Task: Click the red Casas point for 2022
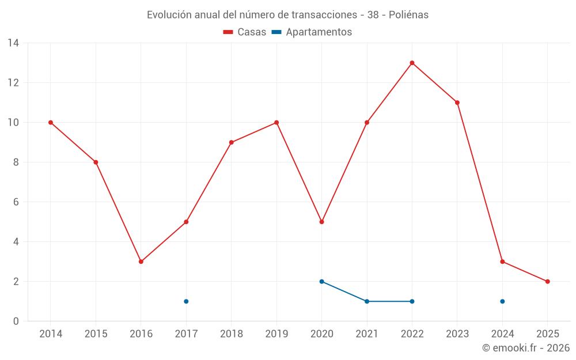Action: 412,63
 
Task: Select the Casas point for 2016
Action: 141,262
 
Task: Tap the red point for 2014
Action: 51,122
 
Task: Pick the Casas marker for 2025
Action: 547,282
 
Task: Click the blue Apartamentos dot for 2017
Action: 186,301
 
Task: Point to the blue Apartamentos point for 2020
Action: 321,282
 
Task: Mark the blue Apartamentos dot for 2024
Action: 502,301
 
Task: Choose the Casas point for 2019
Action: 276,122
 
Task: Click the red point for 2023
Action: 457,103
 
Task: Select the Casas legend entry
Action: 245,32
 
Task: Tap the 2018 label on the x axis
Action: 231,334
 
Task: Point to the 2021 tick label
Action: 367,334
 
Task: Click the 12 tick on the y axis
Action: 13,82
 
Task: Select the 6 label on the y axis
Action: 16,202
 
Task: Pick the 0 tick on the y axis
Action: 16,321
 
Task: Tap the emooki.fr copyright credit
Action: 526,348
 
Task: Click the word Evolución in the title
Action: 169,15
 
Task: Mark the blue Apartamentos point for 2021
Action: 367,301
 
